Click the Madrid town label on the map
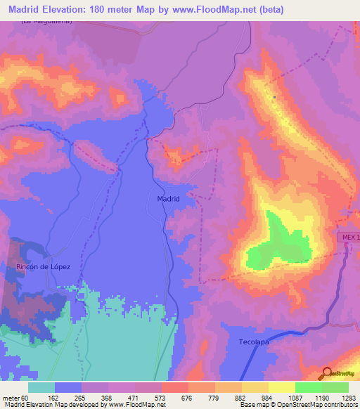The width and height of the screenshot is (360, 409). [x=168, y=199]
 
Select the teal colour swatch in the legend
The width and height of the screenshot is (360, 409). [x=41, y=387]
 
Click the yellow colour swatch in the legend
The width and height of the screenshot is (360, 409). [x=281, y=387]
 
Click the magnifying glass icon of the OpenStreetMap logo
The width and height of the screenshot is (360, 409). [x=328, y=373]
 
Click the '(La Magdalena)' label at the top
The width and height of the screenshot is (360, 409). [x=47, y=22]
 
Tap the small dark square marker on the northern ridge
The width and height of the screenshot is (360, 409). [x=274, y=97]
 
